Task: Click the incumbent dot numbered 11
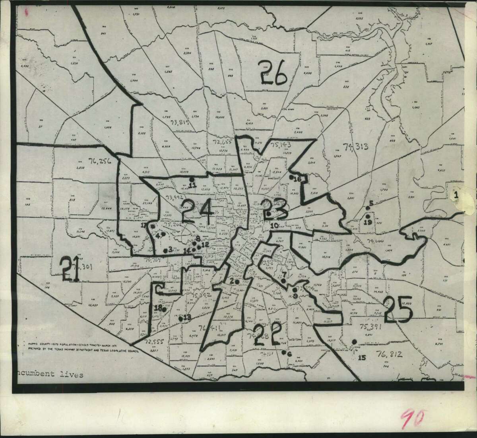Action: point(192,179)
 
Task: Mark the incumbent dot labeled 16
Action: point(291,176)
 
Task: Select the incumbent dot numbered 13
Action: point(180,318)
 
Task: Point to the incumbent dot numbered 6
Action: point(283,352)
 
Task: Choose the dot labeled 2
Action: point(236,281)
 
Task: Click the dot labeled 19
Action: point(368,216)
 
